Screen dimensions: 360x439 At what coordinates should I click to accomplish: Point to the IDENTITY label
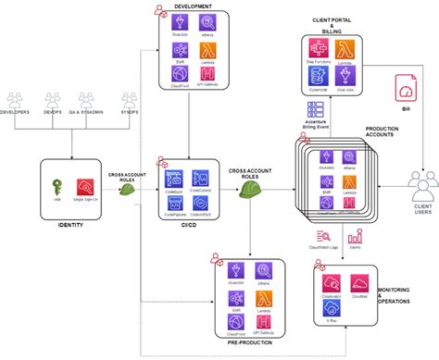point(72,225)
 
